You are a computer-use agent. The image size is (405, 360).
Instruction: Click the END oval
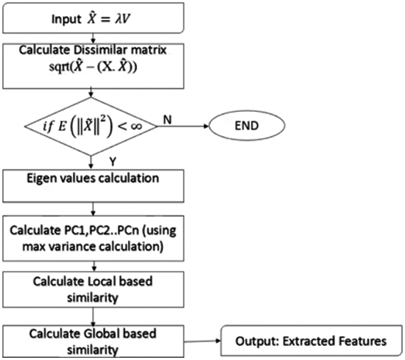pyautogui.click(x=246, y=126)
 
